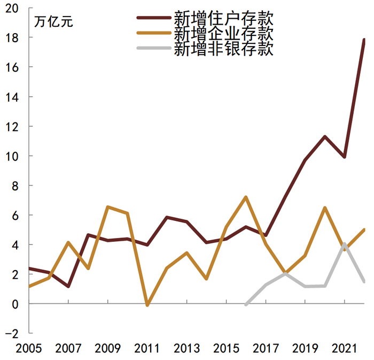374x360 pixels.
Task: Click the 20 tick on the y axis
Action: (12, 8)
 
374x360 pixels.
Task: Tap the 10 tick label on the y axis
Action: (12, 156)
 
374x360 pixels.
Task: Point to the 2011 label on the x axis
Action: (147, 348)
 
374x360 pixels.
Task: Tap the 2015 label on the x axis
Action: (226, 348)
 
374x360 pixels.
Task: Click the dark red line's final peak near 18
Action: (364, 40)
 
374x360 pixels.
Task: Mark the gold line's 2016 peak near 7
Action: (245, 197)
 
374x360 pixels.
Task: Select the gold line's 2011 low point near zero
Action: (147, 305)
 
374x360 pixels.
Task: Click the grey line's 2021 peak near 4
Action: (345, 244)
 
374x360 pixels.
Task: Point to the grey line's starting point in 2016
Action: (246, 304)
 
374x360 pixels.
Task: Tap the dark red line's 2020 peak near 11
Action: (324, 136)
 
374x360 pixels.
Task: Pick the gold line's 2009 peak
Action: (108, 206)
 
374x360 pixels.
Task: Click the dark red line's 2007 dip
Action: (68, 286)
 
